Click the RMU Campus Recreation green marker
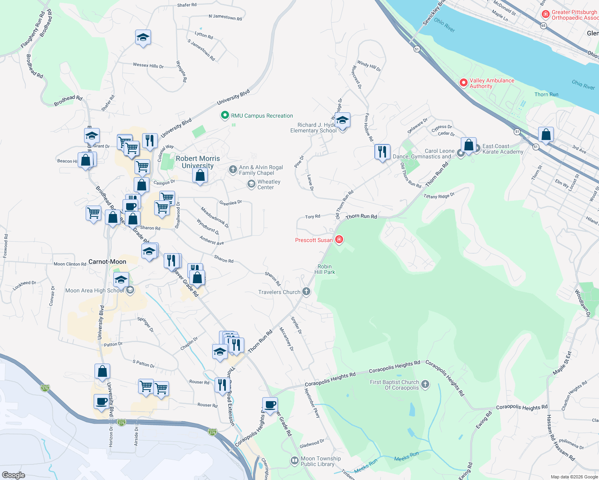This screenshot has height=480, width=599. click(225, 116)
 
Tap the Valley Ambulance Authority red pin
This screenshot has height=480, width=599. click(464, 83)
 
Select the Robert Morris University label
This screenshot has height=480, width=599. click(198, 162)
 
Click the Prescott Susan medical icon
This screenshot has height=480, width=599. click(339, 240)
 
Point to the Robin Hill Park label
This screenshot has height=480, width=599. click(325, 269)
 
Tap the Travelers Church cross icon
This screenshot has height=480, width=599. click(306, 292)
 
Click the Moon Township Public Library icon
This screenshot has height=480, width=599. click(295, 461)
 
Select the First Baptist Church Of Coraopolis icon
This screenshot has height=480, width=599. click(425, 384)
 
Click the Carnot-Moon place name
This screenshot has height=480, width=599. click(107, 262)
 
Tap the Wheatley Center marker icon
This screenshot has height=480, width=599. click(251, 184)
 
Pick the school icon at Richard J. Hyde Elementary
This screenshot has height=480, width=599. click(342, 120)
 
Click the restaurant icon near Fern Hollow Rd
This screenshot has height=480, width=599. click(382, 152)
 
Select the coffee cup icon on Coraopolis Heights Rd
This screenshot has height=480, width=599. click(270, 405)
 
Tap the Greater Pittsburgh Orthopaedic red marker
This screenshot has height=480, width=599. click(545, 14)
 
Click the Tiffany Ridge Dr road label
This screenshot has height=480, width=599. click(439, 196)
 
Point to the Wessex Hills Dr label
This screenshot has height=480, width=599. click(148, 65)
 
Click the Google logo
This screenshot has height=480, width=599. click(14, 475)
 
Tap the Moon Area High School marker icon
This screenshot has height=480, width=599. click(130, 290)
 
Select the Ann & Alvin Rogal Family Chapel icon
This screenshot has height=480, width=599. click(233, 170)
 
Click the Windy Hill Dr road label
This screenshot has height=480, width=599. click(369, 66)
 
